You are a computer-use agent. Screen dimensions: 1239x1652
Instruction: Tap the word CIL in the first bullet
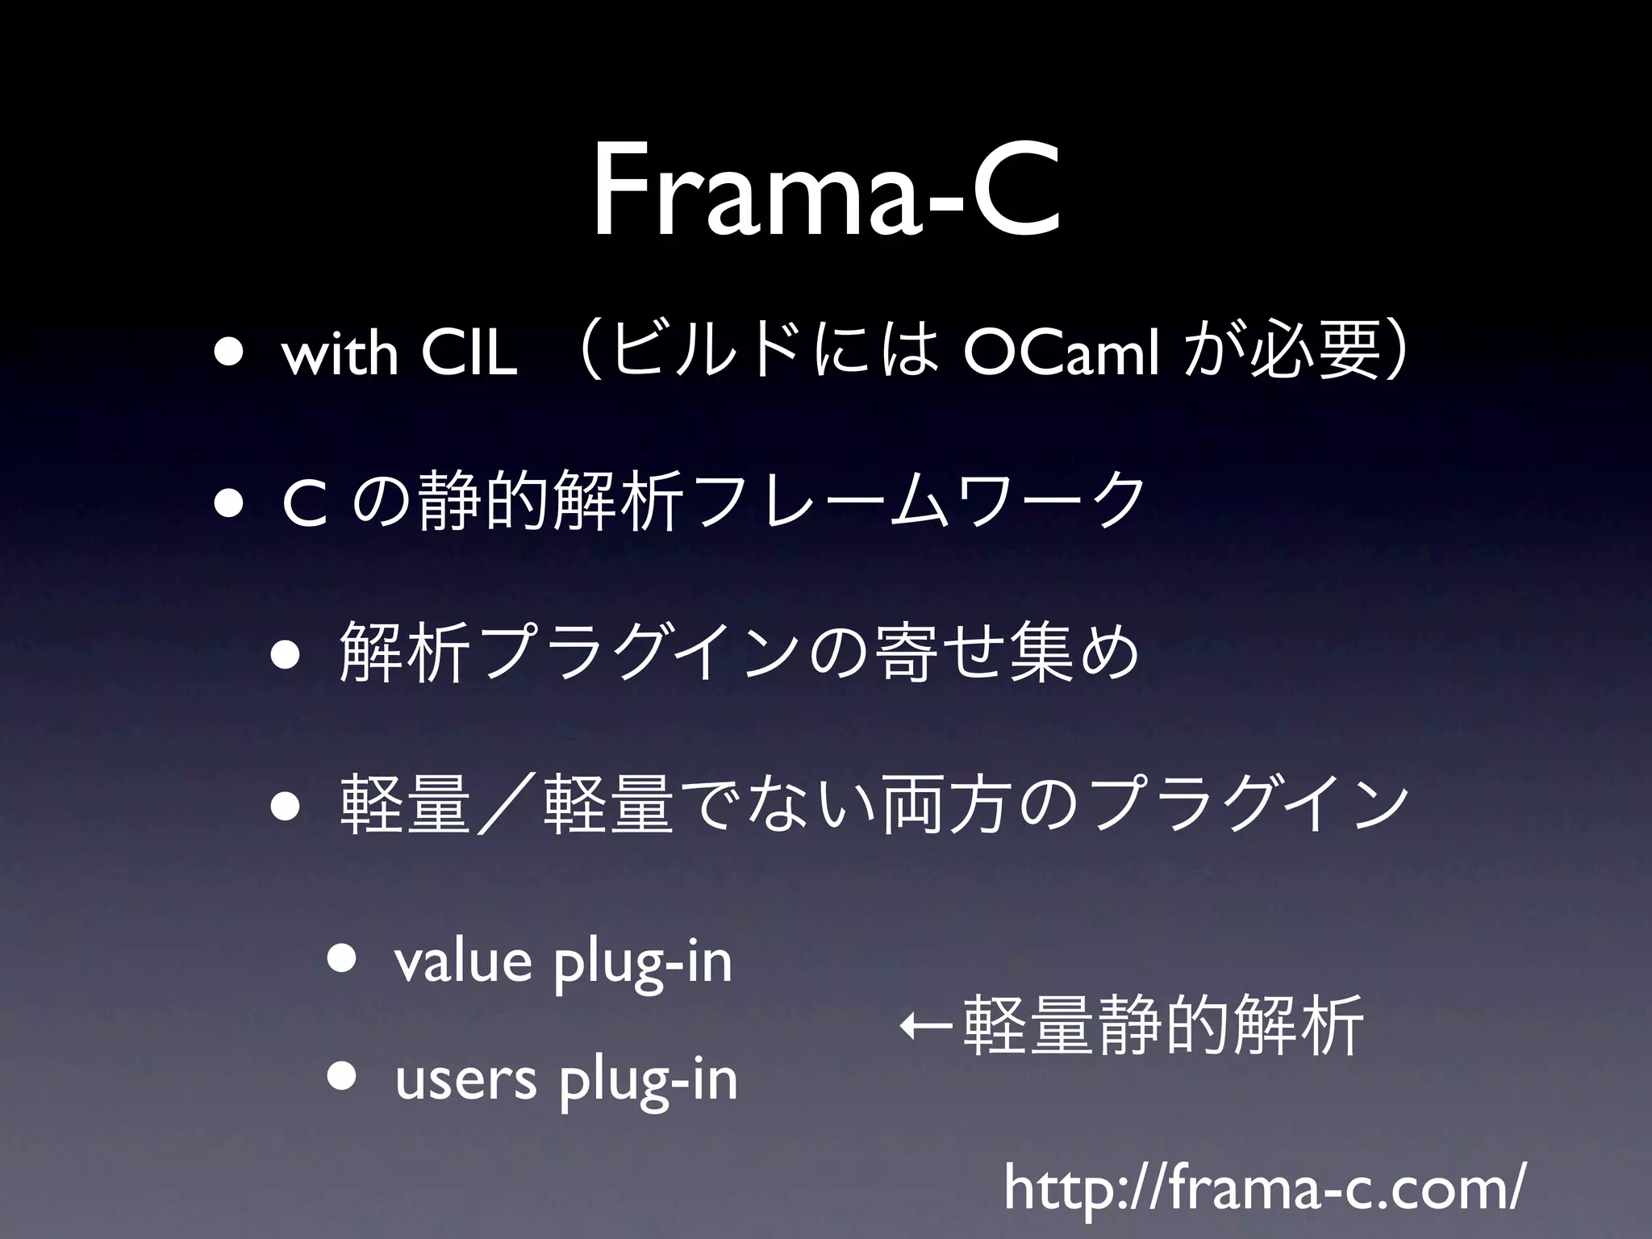click(469, 355)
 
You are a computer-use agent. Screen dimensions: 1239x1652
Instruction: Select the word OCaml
click(1062, 355)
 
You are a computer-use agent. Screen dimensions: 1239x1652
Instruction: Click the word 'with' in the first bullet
click(340, 355)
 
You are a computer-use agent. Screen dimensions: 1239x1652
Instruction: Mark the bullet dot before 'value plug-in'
click(344, 960)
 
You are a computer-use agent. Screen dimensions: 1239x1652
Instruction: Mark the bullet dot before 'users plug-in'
click(344, 1078)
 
